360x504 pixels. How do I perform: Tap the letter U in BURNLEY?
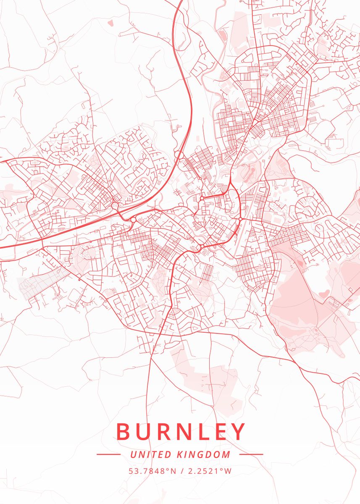145,431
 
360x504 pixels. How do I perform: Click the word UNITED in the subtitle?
151,454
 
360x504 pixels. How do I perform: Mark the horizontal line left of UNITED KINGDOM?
108,454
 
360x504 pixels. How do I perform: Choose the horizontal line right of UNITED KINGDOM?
251,454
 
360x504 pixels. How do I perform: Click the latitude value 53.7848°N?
152,471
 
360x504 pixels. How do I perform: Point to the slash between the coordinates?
181,471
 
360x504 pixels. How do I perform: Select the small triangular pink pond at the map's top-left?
111,22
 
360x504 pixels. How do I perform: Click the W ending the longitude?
228,471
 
